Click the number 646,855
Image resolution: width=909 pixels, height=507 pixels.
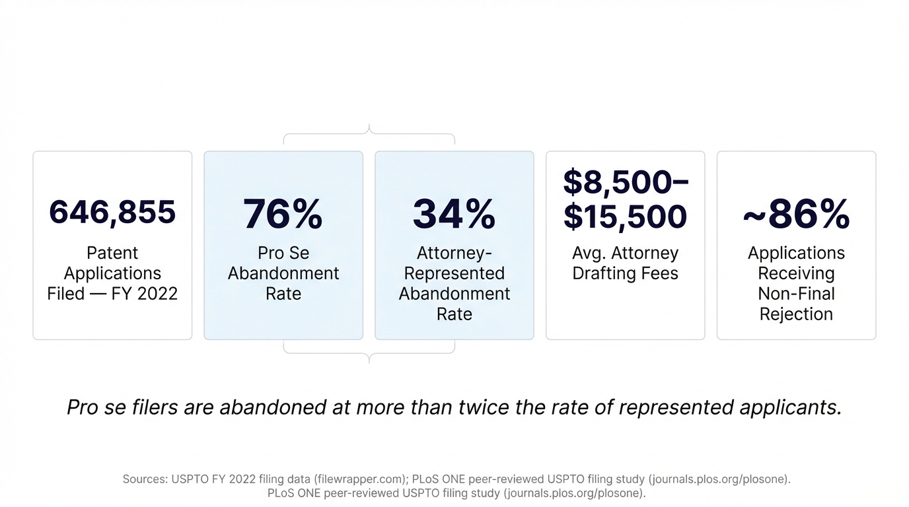pyautogui.click(x=112, y=212)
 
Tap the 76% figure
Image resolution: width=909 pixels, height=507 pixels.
pyautogui.click(x=283, y=213)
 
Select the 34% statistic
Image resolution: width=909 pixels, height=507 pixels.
pyautogui.click(x=454, y=213)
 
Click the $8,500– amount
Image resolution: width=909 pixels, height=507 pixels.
pyautogui.click(x=625, y=182)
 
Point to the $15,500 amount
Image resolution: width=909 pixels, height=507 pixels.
pyautogui.click(x=625, y=217)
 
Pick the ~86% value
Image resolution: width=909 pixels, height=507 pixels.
pyautogui.click(x=796, y=213)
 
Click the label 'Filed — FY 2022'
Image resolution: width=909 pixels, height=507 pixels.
pyautogui.click(x=112, y=294)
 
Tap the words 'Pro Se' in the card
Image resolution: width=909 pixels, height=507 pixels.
pyautogui.click(x=283, y=253)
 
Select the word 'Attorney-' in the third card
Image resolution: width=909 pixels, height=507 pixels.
pyautogui.click(x=454, y=253)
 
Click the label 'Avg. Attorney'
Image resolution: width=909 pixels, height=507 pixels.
pyautogui.click(x=625, y=253)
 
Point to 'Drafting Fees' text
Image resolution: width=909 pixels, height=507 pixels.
pyautogui.click(x=625, y=273)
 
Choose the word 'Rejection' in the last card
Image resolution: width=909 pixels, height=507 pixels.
pyautogui.click(x=796, y=314)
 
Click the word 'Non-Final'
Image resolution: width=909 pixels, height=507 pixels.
pyautogui.click(x=796, y=294)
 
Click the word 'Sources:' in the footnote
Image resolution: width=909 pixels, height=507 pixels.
pyautogui.click(x=145, y=479)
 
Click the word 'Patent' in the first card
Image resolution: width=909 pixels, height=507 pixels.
pyautogui.click(x=112, y=253)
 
